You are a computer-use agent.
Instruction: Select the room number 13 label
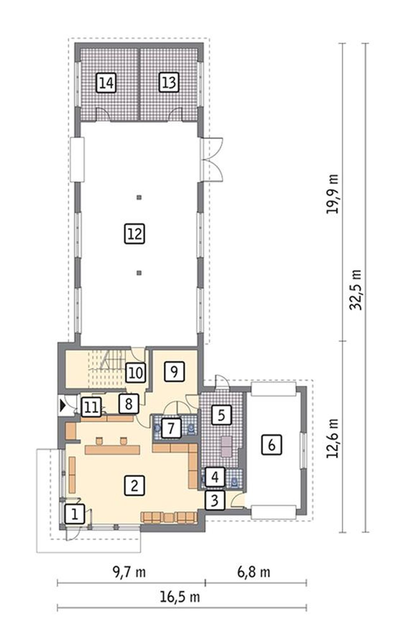(x=169, y=83)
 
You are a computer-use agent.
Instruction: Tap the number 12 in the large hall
(x=135, y=234)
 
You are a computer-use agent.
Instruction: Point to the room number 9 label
(x=174, y=372)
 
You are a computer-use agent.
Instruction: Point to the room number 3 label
(x=215, y=500)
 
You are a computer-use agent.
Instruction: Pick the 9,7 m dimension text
(x=129, y=572)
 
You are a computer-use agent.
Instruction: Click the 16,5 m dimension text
(x=180, y=597)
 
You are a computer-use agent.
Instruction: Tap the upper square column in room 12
(x=139, y=198)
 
